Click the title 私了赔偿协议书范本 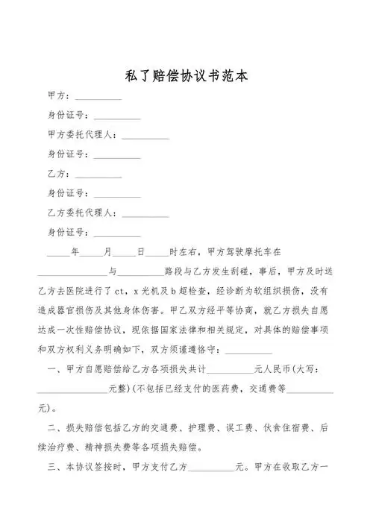tap(186, 77)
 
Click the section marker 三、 tap(54, 468)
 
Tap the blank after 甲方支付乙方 tap(212, 471)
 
